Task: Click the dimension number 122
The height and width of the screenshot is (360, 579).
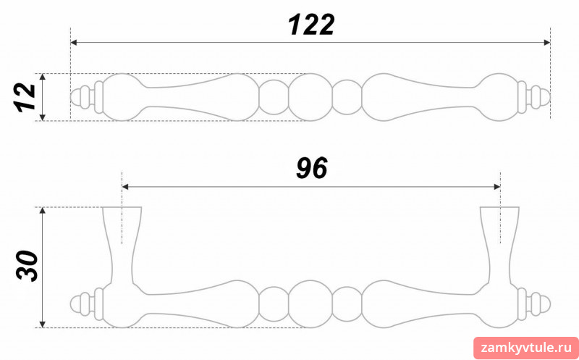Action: click(x=311, y=25)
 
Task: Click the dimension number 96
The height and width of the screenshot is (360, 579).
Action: click(x=312, y=169)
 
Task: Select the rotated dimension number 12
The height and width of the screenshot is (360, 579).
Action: click(x=25, y=97)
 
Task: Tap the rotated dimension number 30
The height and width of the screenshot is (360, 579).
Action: click(x=27, y=266)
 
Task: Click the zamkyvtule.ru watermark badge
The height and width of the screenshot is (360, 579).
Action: click(x=526, y=348)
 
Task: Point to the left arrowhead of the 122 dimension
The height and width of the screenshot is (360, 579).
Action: click(x=74, y=43)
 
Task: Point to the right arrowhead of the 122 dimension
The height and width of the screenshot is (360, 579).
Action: click(x=547, y=43)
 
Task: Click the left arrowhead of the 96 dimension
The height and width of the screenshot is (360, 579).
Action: click(x=125, y=187)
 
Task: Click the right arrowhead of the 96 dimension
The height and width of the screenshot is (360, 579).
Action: click(x=497, y=187)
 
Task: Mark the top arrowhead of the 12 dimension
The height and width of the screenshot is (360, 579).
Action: click(x=43, y=77)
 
